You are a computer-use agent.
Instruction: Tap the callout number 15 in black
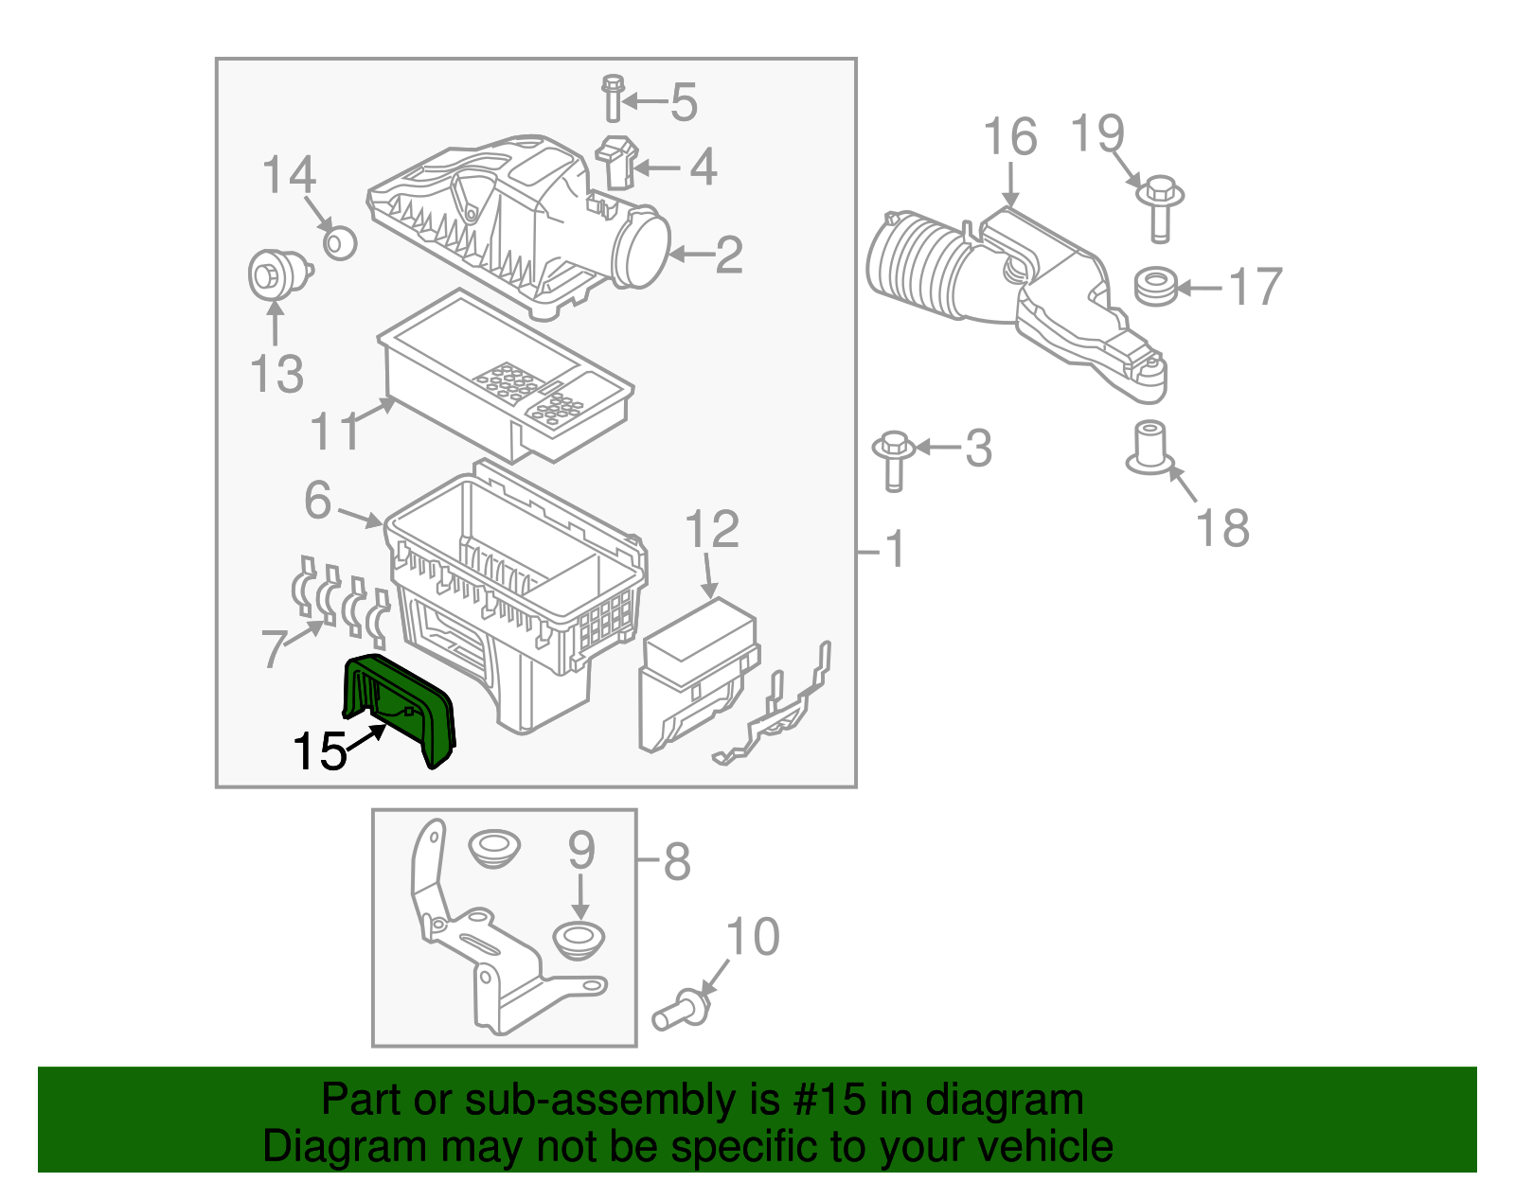(319, 752)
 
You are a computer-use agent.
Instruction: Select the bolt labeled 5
(613, 97)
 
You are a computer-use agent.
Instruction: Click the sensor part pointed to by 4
(616, 163)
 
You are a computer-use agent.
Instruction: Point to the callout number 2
(728, 256)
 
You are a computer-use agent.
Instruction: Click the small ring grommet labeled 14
(339, 242)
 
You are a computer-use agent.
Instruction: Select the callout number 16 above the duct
(1009, 138)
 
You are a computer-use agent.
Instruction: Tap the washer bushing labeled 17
(1155, 286)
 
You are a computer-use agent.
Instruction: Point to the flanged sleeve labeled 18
(1150, 449)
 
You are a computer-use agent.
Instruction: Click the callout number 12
(711, 530)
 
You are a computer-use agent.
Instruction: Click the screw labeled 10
(680, 1012)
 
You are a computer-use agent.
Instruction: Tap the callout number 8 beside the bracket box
(676, 862)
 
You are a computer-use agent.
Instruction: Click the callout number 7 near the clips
(273, 649)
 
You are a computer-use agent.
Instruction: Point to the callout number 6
(318, 501)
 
